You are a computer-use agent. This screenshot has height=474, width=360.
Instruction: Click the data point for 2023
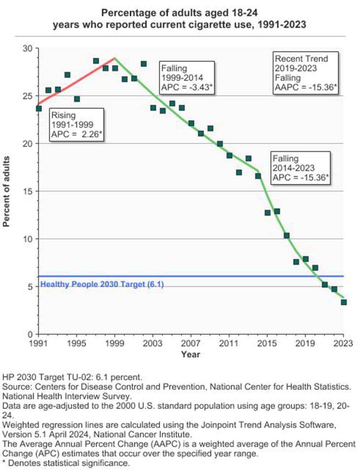[x=343, y=302]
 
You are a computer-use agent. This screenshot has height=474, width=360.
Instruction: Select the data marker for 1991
[x=39, y=108]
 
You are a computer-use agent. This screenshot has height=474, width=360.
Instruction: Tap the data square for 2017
[x=287, y=236]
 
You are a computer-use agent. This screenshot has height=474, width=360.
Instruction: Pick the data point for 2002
[x=144, y=64]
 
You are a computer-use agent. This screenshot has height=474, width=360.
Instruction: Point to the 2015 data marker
[x=267, y=213]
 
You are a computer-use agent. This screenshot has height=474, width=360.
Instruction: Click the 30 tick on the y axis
[x=27, y=48]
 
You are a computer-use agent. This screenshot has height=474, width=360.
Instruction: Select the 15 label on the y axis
[x=27, y=191]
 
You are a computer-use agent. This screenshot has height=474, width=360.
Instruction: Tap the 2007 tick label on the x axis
[x=190, y=344]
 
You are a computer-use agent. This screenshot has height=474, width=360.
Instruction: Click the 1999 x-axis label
[x=114, y=344]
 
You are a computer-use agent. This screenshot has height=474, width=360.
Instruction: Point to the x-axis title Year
[x=190, y=354]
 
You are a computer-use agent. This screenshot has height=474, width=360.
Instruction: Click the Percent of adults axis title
[x=6, y=191]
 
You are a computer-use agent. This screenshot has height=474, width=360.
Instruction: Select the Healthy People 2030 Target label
[x=102, y=284]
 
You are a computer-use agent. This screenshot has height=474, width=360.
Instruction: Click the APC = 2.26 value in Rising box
[x=76, y=134]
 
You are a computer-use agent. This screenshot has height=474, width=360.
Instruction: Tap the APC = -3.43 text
[x=187, y=87]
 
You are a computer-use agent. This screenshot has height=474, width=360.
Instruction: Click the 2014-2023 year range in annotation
[x=293, y=168]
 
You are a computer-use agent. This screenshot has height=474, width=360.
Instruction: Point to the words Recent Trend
[x=301, y=59]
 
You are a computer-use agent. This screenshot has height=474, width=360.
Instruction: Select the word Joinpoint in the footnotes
[x=219, y=425]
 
